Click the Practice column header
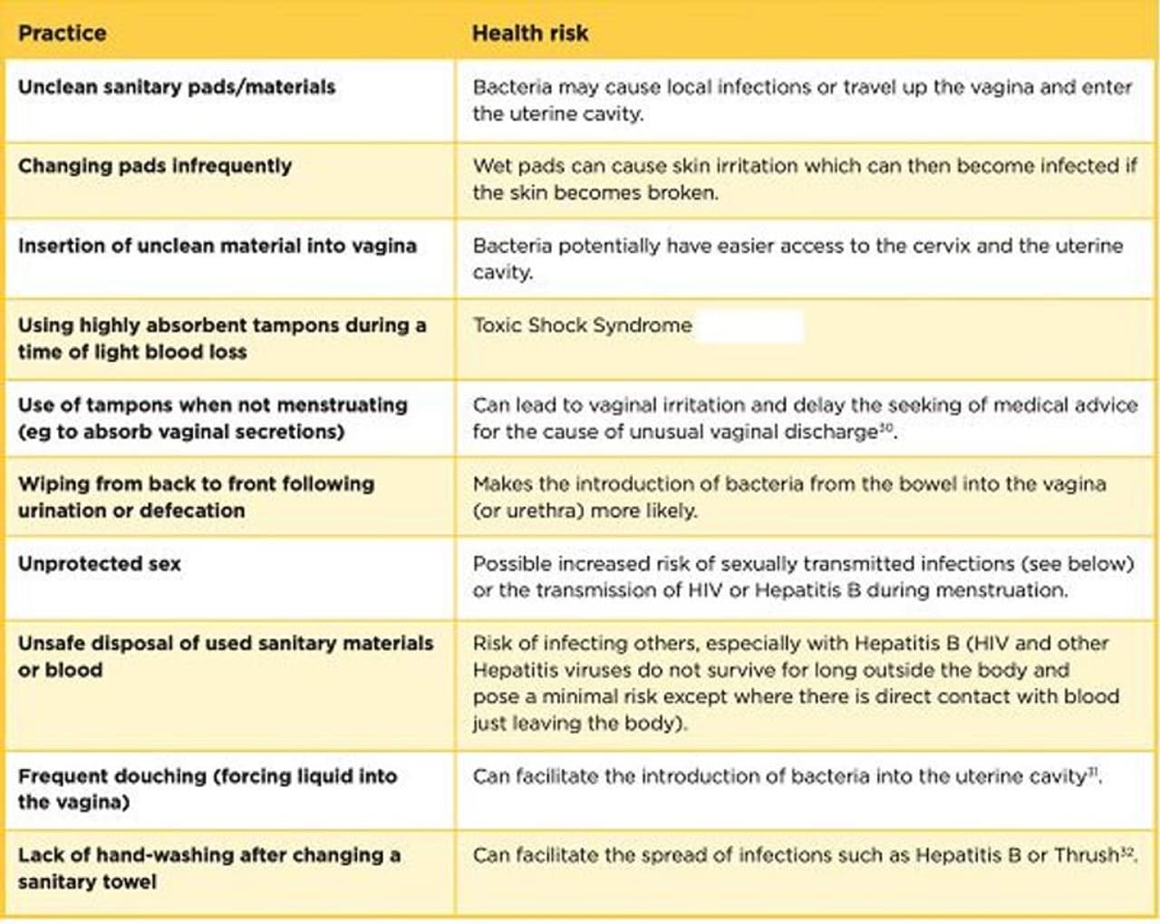tap(62, 34)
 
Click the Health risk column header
tap(530, 34)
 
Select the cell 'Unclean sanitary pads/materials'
tap(177, 87)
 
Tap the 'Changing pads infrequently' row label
tap(155, 166)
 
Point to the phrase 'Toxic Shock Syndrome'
tap(582, 326)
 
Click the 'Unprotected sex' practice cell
tap(100, 564)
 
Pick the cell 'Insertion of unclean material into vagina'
tap(217, 246)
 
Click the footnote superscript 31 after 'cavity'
tap(1093, 772)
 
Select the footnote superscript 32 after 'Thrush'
tap(1127, 851)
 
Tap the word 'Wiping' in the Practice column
tap(51, 484)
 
